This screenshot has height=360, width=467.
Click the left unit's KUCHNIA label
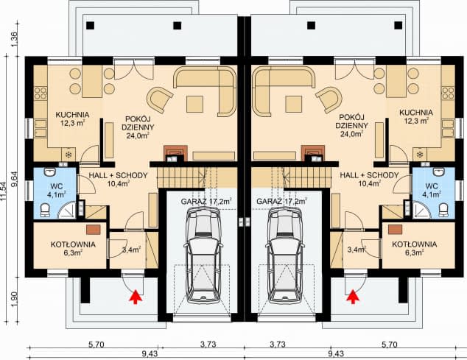(72, 115)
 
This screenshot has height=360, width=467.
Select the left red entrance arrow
(135, 297)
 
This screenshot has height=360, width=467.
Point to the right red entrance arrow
(354, 297)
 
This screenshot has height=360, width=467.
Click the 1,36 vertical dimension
(14, 39)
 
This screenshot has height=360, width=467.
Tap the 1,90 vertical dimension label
(14, 299)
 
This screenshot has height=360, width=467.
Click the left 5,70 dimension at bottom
(96, 345)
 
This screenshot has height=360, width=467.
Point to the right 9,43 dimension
(336, 354)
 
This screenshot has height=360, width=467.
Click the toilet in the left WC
(45, 210)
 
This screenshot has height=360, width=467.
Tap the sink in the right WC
(439, 172)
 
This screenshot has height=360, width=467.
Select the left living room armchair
(160, 99)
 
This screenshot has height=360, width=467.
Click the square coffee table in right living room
(293, 104)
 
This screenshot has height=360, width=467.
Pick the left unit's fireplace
(176, 154)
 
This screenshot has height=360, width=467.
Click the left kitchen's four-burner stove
(41, 93)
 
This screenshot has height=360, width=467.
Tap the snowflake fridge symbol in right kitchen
(420, 155)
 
